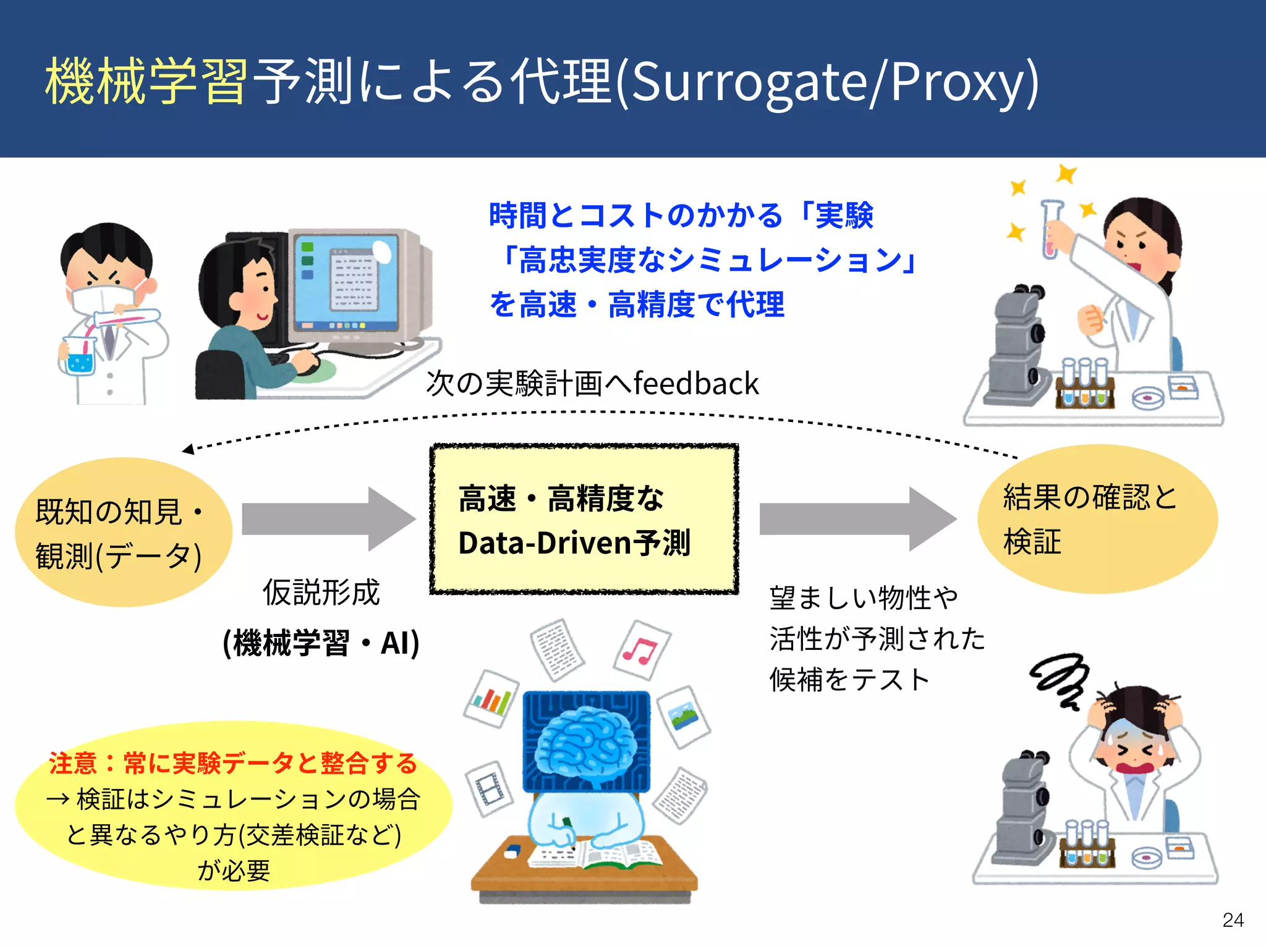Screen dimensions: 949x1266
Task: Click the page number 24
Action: coord(1233,920)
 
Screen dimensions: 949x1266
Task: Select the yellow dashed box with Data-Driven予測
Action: coord(584,520)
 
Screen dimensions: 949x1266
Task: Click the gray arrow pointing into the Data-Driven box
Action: coord(328,519)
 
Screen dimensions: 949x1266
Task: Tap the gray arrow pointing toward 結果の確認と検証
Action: coord(856,519)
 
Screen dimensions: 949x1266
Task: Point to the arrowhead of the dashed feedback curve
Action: coord(188,449)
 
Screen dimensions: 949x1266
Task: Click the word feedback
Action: coord(696,384)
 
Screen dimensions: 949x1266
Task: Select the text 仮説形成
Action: coord(321,593)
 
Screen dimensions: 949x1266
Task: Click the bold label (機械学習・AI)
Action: coord(321,643)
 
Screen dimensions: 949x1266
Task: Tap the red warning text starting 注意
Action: coord(234,763)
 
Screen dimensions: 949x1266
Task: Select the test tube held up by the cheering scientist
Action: coord(1050,229)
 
